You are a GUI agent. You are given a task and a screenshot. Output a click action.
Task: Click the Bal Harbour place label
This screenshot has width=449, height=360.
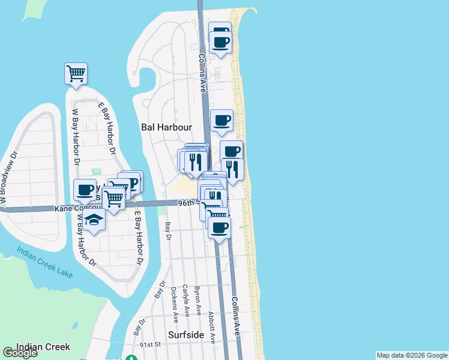pyautogui.click(x=166, y=127)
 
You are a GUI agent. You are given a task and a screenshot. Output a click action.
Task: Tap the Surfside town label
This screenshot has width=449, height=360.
pyautogui.click(x=186, y=335)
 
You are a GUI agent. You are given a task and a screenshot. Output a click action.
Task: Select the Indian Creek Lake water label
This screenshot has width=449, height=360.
pyautogui.click(x=45, y=263)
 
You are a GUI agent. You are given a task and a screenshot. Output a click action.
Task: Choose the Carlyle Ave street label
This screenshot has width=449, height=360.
pyautogui.click(x=186, y=300)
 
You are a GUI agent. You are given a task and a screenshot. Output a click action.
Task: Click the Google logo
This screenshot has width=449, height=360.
pyautogui.click(x=20, y=353)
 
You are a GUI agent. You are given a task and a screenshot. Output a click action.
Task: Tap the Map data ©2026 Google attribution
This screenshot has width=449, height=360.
pyautogui.click(x=411, y=355)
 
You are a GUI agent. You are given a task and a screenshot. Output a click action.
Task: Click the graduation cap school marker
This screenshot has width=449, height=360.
pyautogui.click(x=94, y=221)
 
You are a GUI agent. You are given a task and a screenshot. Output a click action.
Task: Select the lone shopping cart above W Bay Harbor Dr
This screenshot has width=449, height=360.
pyautogui.click(x=76, y=73)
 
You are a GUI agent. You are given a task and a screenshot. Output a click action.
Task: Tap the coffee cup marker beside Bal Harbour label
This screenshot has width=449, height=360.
pyautogui.click(x=222, y=120)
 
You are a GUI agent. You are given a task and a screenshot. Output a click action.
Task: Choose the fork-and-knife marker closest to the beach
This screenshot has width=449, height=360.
pyautogui.click(x=232, y=169)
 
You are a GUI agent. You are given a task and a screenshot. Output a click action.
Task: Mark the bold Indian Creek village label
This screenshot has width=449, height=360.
pyautogui.click(x=43, y=347)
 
